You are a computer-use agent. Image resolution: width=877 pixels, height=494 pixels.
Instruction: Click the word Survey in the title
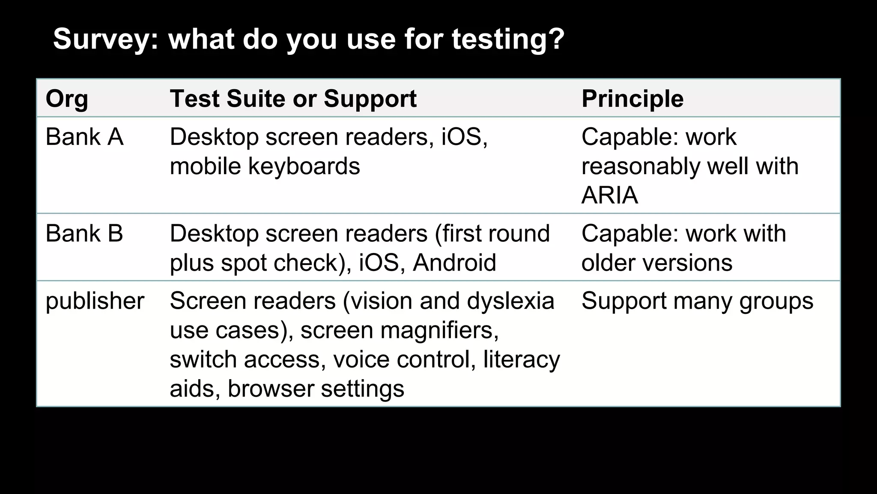pos(105,39)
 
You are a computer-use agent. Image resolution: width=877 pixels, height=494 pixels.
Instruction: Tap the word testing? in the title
pos(508,39)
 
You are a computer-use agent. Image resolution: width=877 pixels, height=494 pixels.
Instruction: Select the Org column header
pos(67,99)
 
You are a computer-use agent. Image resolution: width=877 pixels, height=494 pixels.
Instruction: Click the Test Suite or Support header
pos(293,99)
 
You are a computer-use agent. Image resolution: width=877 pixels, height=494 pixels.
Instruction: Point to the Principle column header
pos(632,99)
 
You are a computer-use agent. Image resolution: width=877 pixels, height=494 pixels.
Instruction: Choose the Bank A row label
pos(84,137)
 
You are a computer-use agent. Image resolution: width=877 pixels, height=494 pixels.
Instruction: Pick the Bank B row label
pos(84,234)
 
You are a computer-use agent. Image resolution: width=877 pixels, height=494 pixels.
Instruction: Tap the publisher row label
pos(95,301)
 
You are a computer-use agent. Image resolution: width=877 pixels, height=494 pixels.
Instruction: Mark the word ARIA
pos(610,196)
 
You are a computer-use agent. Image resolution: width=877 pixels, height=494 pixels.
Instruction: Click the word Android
pos(454,263)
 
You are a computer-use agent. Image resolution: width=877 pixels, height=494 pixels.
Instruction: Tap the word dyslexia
pos(510,301)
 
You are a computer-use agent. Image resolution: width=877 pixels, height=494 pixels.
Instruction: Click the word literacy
pos(522,359)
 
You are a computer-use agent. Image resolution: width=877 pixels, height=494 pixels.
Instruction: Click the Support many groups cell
pos(697,301)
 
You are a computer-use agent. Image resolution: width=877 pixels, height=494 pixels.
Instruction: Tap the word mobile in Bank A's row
pos(206,166)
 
